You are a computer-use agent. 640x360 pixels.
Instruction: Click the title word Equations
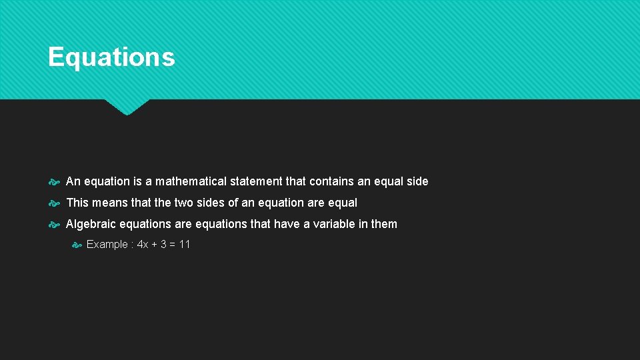(111, 57)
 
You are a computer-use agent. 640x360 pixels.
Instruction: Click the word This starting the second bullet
(77, 203)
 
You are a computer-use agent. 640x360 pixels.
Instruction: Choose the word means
(107, 203)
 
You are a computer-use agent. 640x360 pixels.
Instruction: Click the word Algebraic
(89, 224)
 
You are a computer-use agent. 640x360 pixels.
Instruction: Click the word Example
(107, 245)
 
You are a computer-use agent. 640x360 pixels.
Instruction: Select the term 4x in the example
(142, 245)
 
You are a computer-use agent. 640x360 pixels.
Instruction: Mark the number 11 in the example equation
(185, 245)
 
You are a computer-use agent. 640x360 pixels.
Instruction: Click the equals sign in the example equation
(173, 245)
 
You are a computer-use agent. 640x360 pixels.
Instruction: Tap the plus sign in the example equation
(155, 245)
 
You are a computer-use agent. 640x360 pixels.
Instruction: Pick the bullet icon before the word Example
(76, 245)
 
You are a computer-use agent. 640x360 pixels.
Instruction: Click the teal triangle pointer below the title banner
(127, 107)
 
